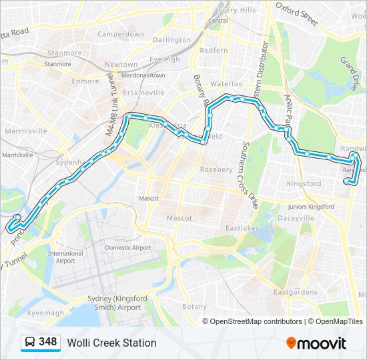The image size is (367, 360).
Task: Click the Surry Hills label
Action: click(x=237, y=10)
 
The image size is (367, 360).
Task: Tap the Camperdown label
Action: click(x=121, y=34)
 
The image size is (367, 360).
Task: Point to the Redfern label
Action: click(x=214, y=50)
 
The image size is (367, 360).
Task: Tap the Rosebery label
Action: click(x=216, y=169)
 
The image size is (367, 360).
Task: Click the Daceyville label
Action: click(x=295, y=218)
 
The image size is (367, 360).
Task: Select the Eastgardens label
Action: click(x=296, y=292)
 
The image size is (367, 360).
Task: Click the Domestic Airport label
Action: click(x=127, y=247)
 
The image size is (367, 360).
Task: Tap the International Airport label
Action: click(x=65, y=257)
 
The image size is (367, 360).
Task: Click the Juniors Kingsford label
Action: click(x=310, y=207)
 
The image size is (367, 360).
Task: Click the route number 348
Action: click(x=48, y=342)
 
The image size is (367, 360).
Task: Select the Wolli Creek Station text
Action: click(x=111, y=343)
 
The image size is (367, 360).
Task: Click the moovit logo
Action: click(x=316, y=343)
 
